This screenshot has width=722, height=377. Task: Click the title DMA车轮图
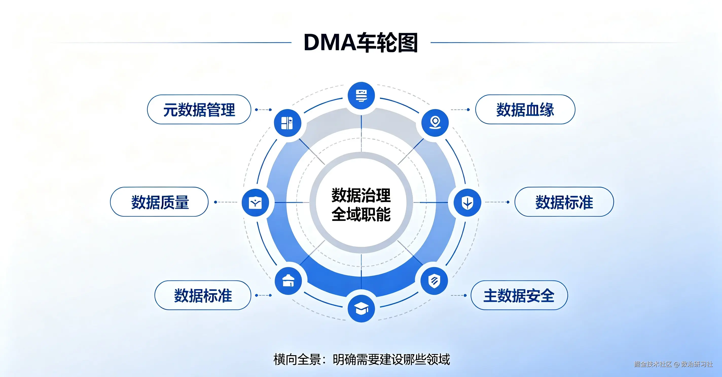pos(361,43)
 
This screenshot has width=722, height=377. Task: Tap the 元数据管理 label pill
pos(199,109)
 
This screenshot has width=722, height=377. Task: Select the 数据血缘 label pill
pos(525,109)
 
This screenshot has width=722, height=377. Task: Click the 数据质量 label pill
pos(159,202)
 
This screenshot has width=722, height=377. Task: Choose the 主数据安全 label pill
pos(519,295)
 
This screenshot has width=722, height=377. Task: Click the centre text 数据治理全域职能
pos(361,205)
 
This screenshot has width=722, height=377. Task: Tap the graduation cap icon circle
pos(361,309)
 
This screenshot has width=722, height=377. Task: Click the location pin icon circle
pos(435,123)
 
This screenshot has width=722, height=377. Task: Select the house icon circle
pos(288,281)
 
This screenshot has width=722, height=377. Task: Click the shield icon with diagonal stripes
pos(434,281)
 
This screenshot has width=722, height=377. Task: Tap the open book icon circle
pos(287,123)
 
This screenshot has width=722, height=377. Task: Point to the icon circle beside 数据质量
pos(255,202)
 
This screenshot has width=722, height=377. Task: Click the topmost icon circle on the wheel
pos(361,96)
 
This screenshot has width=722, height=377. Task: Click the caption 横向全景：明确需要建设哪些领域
pos(362,359)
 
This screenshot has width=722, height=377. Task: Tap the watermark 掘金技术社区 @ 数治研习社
pos(673,364)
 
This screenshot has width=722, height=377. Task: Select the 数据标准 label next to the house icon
pos(203,295)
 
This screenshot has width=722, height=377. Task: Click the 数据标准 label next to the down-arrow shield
pos(564,202)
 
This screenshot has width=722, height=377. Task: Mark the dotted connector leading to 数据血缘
pos(460,110)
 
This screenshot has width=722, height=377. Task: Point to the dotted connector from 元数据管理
pos(263,110)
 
